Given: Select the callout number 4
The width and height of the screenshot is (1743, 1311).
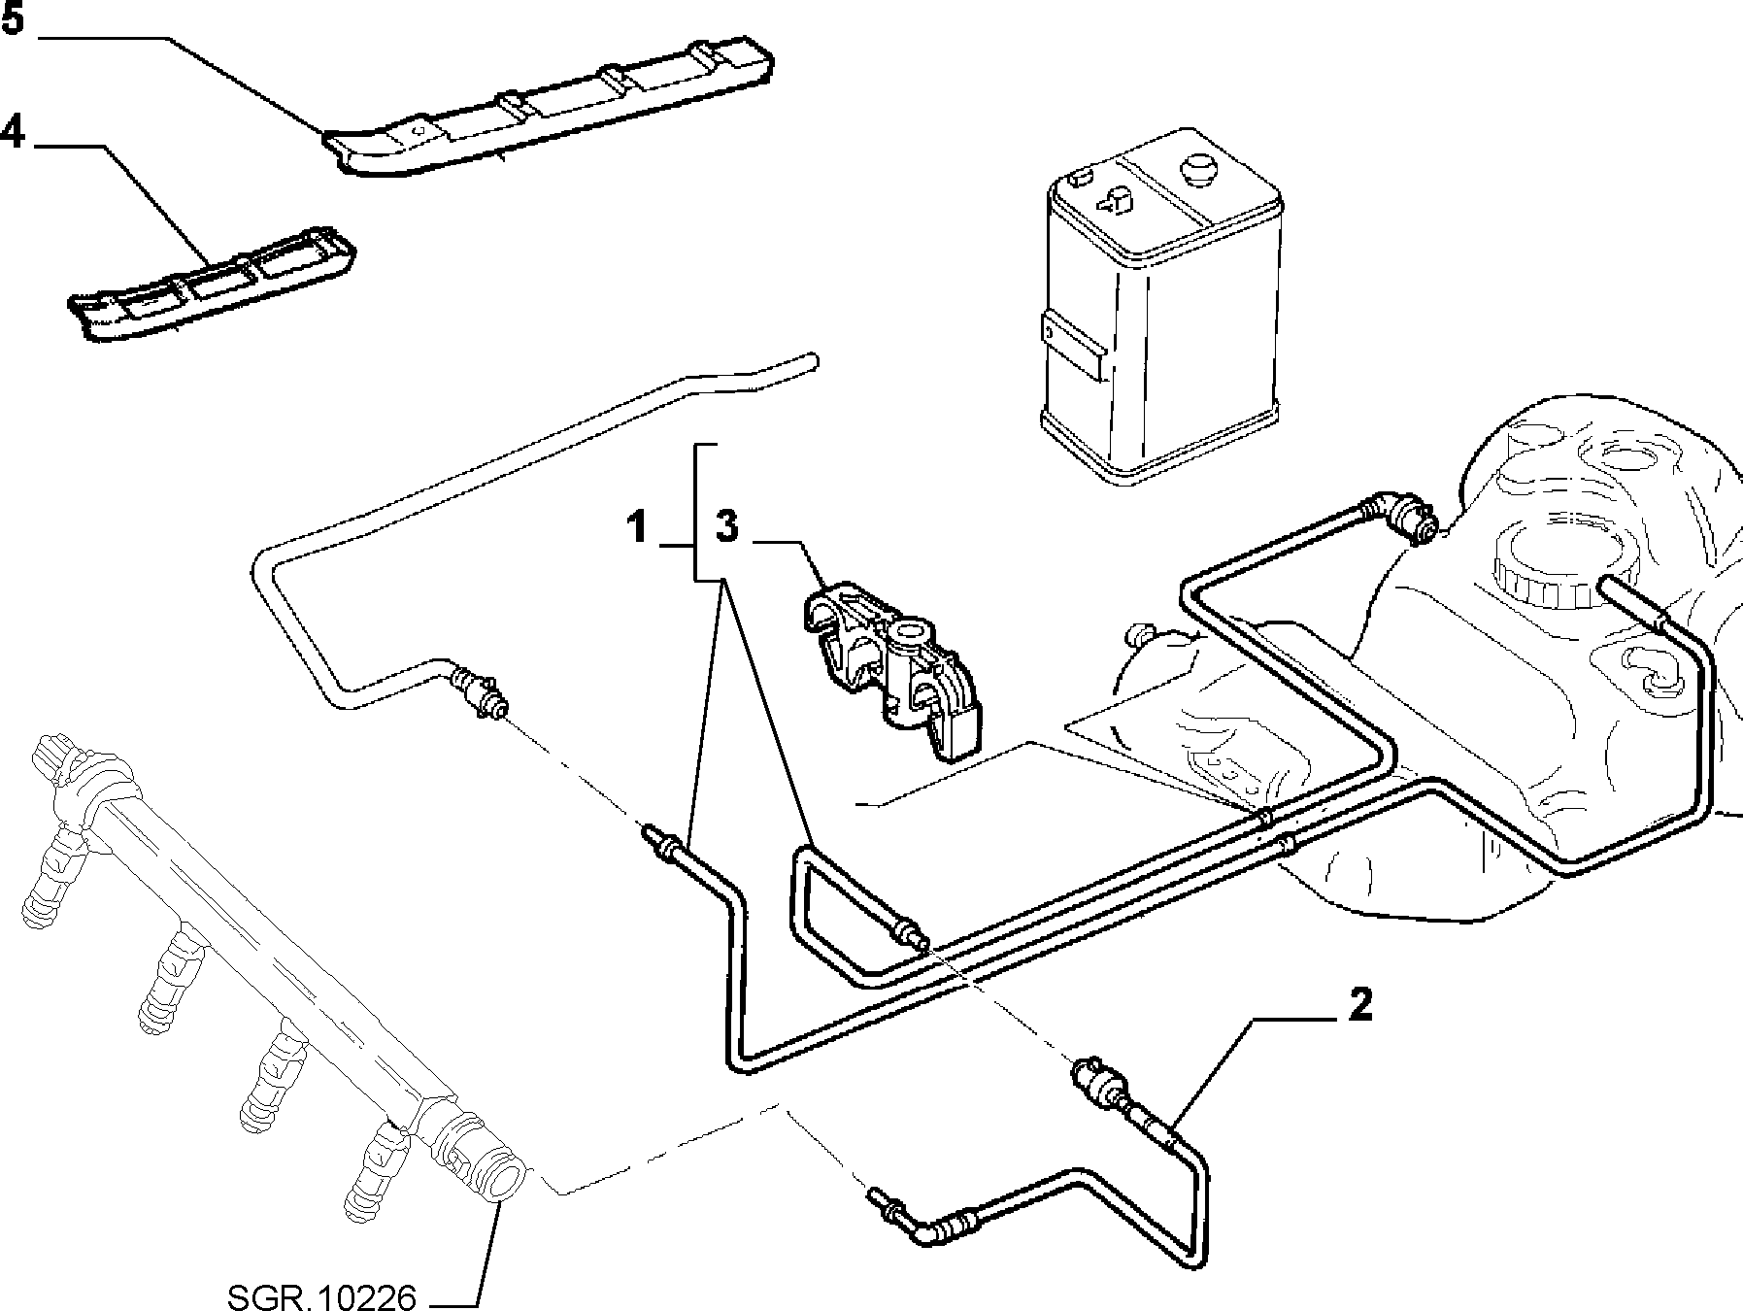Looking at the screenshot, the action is (x=13, y=130).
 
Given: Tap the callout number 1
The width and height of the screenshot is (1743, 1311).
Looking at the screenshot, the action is (x=637, y=529).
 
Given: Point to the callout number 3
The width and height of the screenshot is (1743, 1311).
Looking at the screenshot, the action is (x=727, y=528).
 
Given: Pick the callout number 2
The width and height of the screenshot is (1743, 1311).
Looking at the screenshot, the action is (x=1360, y=1006).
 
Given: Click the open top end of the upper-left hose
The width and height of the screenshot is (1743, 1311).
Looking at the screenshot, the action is (x=808, y=362).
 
